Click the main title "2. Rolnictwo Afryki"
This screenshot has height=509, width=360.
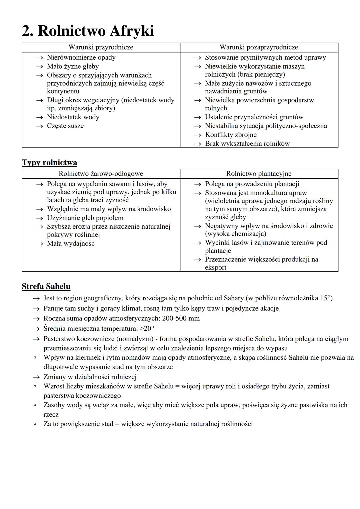pyautogui.click(x=88, y=31)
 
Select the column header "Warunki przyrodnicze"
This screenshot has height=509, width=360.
pyautogui.click(x=101, y=47)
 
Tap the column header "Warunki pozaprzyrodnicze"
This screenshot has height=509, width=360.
pyautogui.click(x=259, y=47)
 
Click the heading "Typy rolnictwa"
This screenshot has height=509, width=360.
pyautogui.click(x=49, y=163)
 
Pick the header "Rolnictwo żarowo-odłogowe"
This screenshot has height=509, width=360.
pyautogui.click(x=101, y=174)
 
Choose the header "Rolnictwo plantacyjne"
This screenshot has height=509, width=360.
pyautogui.click(x=259, y=174)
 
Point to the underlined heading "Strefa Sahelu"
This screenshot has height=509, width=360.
pyautogui.click(x=46, y=287)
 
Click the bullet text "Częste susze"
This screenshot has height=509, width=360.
pyautogui.click(x=65, y=126)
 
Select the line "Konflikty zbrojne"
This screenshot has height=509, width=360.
pyautogui.click(x=231, y=135)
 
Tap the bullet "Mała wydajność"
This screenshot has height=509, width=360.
pyautogui.click(x=71, y=244)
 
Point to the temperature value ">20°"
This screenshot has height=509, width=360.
pyautogui.click(x=147, y=329)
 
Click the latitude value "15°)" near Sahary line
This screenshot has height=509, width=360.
pyautogui.click(x=326, y=298)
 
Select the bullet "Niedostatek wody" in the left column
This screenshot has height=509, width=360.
pyautogui.click(x=73, y=117)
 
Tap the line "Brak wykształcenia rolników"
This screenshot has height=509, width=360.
pyautogui.click(x=247, y=144)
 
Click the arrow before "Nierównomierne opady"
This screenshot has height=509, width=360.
pyautogui.click(x=40, y=58)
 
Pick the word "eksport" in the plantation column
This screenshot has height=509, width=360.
pyautogui.click(x=216, y=268)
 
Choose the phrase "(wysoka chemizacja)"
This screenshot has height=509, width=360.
pyautogui.click(x=235, y=234)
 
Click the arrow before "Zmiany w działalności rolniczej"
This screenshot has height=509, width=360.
pyautogui.click(x=36, y=377)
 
